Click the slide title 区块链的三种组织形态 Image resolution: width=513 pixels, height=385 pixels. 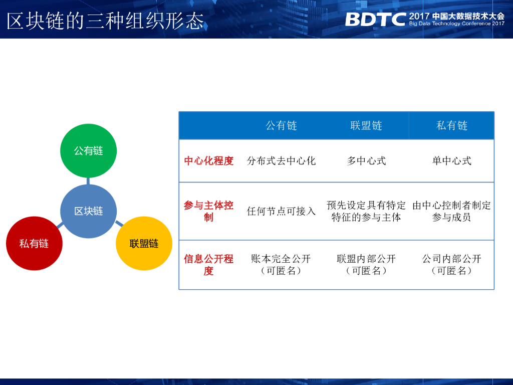tap(106, 21)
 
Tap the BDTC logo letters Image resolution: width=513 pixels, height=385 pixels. tap(375, 20)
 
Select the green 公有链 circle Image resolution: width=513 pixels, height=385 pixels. tap(88, 150)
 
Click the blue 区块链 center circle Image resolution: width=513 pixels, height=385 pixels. tap(88, 211)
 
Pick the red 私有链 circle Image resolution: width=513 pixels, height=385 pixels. tap(34, 244)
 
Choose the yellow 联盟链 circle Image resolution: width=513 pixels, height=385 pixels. tap(144, 244)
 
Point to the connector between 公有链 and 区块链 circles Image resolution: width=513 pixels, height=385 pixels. tap(88, 180)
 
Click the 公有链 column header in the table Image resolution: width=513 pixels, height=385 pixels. tap(282, 125)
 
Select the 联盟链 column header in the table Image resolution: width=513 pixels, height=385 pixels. tap(366, 125)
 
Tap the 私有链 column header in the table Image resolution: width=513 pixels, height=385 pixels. tap(452, 125)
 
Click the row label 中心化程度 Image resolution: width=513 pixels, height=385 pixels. tap(209, 161)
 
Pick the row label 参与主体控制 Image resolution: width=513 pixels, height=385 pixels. tap(209, 211)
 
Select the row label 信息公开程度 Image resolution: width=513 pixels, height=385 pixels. tap(209, 265)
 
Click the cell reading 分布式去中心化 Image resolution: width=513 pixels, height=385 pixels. tap(282, 161)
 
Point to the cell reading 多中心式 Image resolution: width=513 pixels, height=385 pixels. tap(366, 161)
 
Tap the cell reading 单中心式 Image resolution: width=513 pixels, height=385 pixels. tap(452, 161)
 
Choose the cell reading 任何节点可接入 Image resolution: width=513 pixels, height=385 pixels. tap(282, 211)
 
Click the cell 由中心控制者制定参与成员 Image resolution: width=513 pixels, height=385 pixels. tap(452, 211)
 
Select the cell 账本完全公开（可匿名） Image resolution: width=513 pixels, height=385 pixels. tap(282, 265)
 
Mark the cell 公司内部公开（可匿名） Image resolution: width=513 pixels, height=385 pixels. tap(452, 265)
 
